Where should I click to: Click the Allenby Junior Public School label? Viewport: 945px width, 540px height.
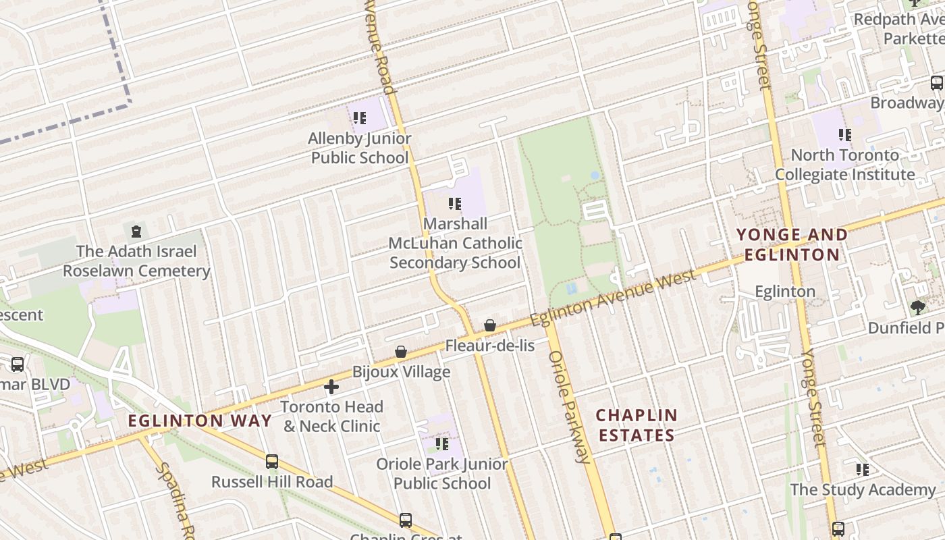click(359, 148)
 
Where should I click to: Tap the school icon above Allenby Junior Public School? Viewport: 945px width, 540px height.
click(360, 118)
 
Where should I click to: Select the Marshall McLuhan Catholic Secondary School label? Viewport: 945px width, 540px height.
click(455, 243)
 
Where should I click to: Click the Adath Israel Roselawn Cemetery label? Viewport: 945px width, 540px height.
click(136, 261)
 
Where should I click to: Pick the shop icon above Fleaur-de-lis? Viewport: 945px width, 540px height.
click(490, 325)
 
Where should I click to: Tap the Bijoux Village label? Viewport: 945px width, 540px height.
click(401, 372)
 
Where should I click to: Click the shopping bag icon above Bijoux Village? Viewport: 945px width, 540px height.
click(401, 352)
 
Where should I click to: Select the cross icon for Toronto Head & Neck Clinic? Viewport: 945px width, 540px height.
click(331, 387)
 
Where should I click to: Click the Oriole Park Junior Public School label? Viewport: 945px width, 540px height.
click(442, 474)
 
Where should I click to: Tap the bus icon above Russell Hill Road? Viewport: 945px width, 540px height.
click(272, 462)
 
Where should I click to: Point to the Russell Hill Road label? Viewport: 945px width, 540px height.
click(272, 482)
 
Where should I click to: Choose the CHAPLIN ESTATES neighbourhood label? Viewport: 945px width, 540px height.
click(637, 425)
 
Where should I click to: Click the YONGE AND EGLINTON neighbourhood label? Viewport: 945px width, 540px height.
click(792, 244)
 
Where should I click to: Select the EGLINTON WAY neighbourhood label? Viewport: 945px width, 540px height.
click(200, 421)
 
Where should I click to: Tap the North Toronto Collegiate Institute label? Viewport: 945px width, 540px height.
click(844, 165)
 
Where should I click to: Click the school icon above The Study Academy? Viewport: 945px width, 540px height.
click(862, 469)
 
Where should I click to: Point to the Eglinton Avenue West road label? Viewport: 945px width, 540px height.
click(612, 298)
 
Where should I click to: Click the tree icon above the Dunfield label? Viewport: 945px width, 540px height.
click(917, 308)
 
